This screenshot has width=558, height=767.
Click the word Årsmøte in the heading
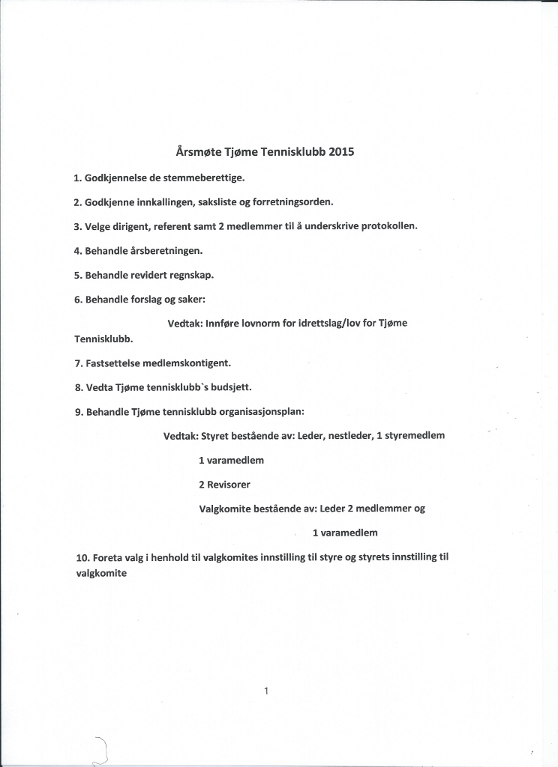199,151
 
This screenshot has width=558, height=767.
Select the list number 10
82,557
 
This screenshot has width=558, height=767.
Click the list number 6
77,299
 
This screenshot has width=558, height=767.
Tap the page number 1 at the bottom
266,691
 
